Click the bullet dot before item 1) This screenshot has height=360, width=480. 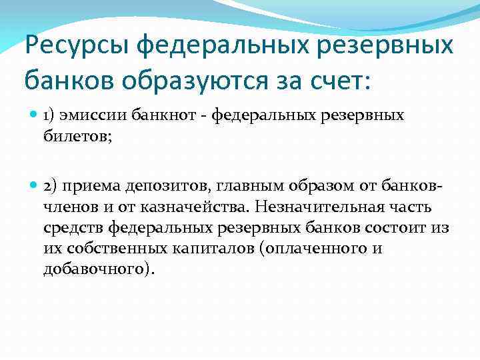click(x=34, y=115)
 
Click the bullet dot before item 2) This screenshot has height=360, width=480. click(x=34, y=189)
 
